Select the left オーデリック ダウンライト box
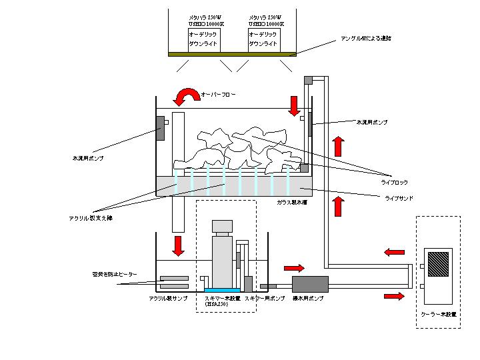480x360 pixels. point(203,39)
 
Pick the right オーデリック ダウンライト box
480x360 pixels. point(263,39)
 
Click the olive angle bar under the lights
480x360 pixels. point(233,54)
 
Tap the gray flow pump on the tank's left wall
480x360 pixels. point(161,129)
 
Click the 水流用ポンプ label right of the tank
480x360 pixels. point(371,123)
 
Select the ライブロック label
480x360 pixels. point(394,182)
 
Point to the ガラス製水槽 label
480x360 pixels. point(292,201)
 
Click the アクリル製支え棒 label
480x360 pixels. point(90,217)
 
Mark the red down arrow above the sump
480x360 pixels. point(178,245)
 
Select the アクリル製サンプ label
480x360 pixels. point(168,299)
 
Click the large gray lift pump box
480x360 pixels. point(310,285)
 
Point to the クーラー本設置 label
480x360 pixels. point(439,313)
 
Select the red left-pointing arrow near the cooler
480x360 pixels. point(394,252)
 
